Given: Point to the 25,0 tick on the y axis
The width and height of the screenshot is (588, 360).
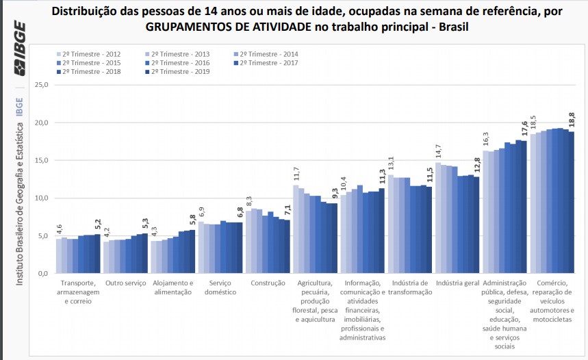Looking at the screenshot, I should point(41,86).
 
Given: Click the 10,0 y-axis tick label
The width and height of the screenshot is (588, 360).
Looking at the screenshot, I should point(41,198).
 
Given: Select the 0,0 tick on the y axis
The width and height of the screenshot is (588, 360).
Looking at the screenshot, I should point(43,274).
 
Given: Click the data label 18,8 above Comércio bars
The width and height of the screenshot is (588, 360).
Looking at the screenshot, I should point(572,120).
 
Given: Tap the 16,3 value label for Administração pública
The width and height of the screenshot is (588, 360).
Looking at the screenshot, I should point(486,139).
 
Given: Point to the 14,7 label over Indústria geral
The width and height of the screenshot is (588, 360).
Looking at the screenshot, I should point(438,151).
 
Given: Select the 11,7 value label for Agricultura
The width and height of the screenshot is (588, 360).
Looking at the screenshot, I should point(296,174).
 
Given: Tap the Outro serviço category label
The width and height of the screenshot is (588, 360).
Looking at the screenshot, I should point(126,283).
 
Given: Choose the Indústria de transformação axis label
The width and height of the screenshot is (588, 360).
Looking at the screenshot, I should point(411,287).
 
